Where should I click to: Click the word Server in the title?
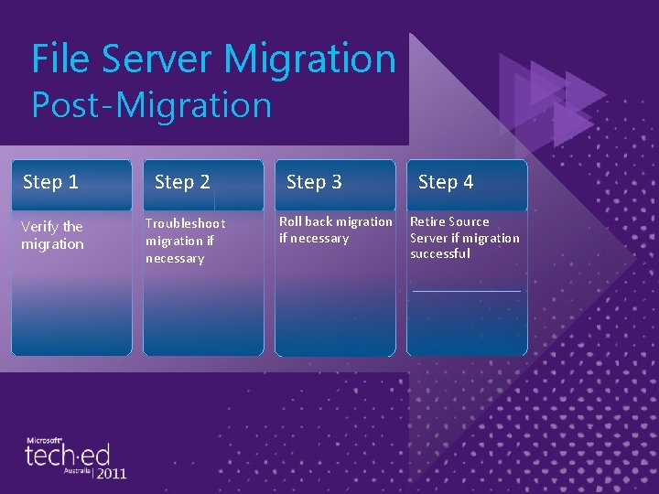click(158, 59)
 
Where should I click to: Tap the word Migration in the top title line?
click(310, 59)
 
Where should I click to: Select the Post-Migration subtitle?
click(152, 104)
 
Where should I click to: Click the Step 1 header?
click(50, 182)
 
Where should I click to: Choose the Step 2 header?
click(182, 182)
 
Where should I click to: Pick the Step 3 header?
click(314, 182)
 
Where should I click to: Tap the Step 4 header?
click(446, 182)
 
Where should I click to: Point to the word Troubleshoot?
click(185, 224)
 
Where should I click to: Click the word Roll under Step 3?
click(292, 221)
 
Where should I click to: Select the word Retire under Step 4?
click(429, 221)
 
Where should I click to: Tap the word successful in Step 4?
click(440, 254)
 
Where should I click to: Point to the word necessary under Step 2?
click(175, 259)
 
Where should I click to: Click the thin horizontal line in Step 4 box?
click(467, 291)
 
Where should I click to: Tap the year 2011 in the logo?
click(110, 474)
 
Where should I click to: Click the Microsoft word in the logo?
click(44, 440)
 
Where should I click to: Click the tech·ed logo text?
click(68, 456)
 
